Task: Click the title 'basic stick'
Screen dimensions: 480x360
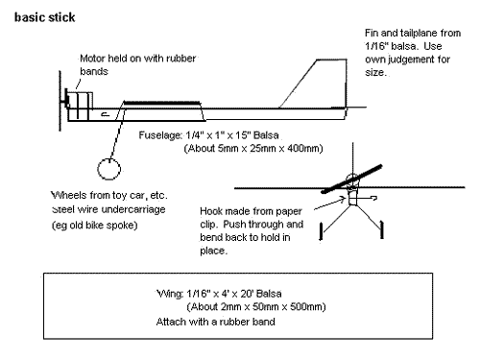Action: [45, 17]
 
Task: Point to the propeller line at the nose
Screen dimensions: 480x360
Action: [60, 101]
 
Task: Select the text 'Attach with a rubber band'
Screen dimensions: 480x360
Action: [215, 322]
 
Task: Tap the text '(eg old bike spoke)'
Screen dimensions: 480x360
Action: [94, 226]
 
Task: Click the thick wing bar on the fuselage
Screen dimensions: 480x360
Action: [162, 103]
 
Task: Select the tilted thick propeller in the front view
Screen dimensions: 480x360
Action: [352, 180]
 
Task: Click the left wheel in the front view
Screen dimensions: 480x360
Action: [321, 231]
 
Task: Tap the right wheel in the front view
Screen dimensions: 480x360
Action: [381, 229]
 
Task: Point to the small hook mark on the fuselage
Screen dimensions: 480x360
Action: [106, 114]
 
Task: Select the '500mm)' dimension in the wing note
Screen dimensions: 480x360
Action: [308, 307]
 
